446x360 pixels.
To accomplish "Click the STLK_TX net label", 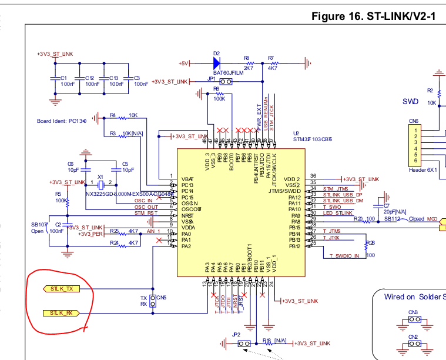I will tap(62, 289).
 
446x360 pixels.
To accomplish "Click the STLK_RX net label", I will tap(62, 312).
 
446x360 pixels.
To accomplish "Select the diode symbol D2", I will tap(216, 62).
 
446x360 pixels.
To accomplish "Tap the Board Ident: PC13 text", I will tap(61, 121).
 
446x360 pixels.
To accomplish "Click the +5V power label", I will tap(185, 62).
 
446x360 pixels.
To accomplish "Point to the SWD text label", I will tap(410, 101).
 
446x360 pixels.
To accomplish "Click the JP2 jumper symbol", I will tap(244, 343).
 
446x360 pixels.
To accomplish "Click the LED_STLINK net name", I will tap(337, 213).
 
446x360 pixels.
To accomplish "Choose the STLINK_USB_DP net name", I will tap(343, 195).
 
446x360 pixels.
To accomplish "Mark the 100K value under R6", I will tap(219, 99).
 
